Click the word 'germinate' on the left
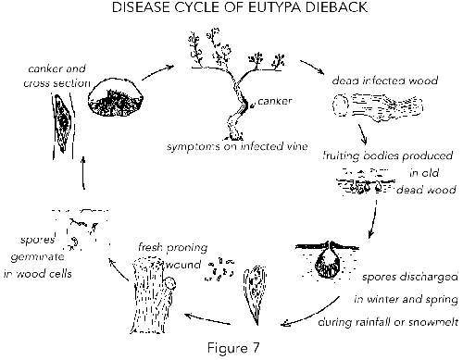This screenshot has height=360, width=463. click(x=43, y=264)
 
